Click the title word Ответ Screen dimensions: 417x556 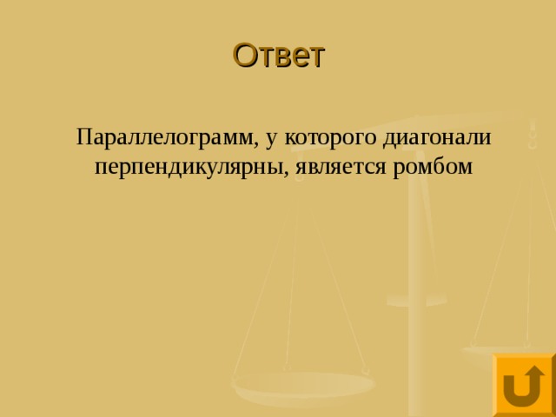tap(278, 56)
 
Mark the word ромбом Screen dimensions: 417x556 tap(434, 165)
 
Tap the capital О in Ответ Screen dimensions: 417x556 tap(244, 56)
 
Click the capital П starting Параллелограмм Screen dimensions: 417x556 tap(83, 137)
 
